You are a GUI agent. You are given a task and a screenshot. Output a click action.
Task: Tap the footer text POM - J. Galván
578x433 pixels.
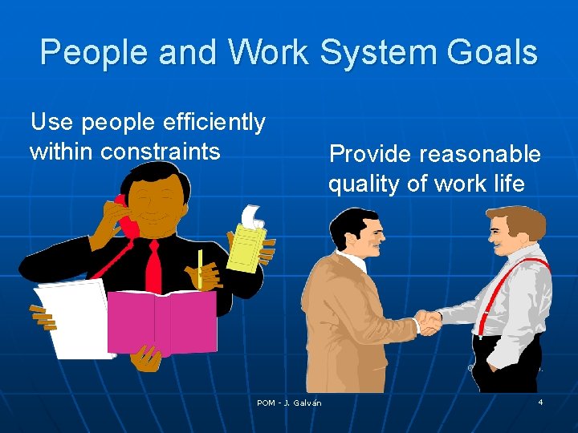289,403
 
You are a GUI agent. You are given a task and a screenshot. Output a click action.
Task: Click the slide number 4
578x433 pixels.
540,401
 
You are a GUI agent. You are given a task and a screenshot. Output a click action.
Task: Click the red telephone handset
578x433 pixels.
126,216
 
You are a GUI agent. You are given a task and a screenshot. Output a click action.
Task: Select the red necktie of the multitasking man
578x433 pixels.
153,265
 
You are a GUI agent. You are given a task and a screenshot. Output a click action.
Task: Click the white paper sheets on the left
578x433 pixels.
72,317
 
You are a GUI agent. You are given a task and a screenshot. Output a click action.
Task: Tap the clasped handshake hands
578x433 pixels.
429,322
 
